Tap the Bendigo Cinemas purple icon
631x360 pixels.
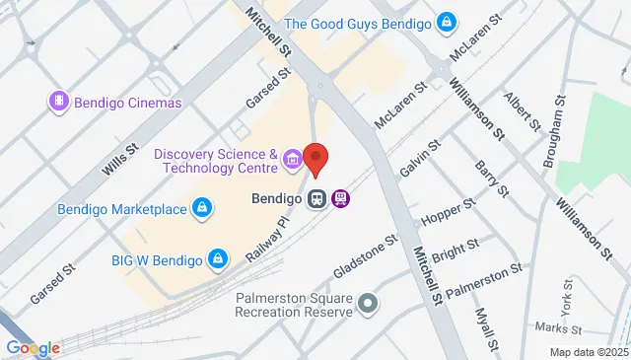click(58, 102)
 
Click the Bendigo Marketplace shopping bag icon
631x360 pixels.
click(201, 208)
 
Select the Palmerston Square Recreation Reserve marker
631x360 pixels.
click(368, 302)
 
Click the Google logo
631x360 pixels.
click(33, 347)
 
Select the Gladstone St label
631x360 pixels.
click(365, 254)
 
